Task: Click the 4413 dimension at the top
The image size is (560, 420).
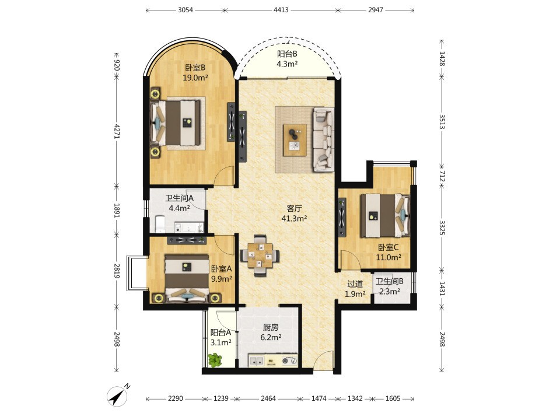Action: (x=281, y=10)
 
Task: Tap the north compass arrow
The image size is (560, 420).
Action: (x=118, y=395)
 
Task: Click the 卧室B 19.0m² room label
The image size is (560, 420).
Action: (x=195, y=72)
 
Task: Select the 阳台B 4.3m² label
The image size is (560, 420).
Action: (x=287, y=59)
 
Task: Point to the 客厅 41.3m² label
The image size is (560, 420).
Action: (x=294, y=213)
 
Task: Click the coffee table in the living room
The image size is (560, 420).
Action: (x=295, y=139)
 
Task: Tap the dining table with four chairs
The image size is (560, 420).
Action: (x=260, y=255)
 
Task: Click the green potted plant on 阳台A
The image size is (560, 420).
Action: (x=215, y=360)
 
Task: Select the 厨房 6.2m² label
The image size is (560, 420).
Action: (x=270, y=332)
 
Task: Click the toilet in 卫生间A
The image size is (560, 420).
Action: (x=159, y=223)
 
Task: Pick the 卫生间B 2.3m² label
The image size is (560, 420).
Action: (x=389, y=286)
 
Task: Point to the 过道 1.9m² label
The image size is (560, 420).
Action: (x=355, y=289)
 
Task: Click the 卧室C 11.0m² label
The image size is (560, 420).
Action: (x=388, y=252)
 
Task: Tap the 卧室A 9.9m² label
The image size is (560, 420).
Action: (x=222, y=274)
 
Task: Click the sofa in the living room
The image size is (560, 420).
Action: (x=324, y=139)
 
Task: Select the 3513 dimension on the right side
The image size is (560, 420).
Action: (x=442, y=122)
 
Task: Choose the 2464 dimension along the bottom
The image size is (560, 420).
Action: (x=268, y=398)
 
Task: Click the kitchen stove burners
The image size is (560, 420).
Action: (x=290, y=361)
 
